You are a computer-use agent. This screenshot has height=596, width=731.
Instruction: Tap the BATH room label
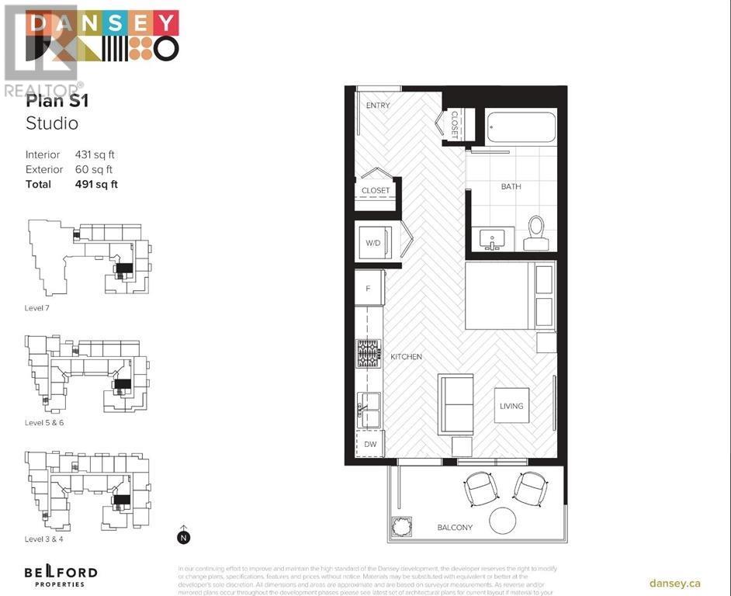511,186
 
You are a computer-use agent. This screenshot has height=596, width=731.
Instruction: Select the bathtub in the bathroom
521,126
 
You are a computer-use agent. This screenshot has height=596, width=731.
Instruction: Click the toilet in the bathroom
536,233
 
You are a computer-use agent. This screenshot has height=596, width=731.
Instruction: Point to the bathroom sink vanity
492,239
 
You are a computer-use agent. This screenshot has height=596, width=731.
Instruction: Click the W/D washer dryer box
373,243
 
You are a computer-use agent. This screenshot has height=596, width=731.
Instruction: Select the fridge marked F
369,288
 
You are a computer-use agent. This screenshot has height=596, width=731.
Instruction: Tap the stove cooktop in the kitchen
368,353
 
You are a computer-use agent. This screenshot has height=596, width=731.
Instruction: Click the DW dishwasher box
370,445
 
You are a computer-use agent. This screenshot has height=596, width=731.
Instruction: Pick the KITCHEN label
406,357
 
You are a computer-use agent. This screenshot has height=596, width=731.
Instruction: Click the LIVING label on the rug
511,406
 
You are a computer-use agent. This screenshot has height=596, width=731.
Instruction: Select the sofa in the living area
456,404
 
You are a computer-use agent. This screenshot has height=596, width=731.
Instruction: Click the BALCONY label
454,528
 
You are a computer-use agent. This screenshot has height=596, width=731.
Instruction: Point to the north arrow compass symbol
184,535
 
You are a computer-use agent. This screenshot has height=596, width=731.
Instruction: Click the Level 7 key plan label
38,308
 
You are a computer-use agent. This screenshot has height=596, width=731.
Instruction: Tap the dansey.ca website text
674,583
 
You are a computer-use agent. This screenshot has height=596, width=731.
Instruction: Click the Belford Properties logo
60,576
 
